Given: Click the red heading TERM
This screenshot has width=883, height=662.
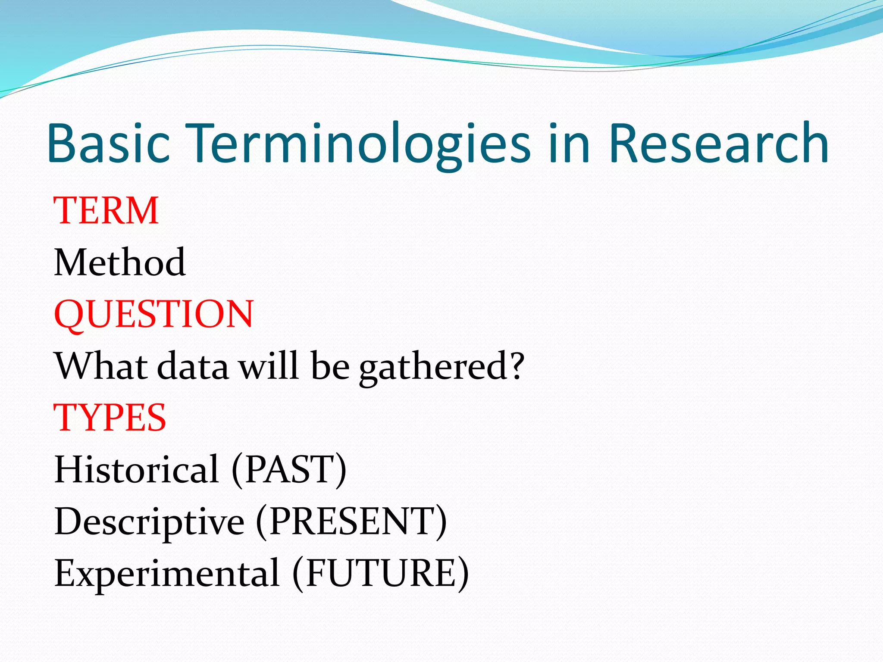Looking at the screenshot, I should [106, 211].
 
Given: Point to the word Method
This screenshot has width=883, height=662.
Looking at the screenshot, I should [120, 262].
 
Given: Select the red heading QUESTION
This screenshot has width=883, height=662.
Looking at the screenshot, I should [154, 314].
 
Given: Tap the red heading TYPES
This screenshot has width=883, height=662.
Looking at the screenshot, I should [110, 418].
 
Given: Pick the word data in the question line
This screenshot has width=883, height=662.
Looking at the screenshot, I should [192, 366].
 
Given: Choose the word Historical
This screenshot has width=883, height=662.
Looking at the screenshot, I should [137, 469].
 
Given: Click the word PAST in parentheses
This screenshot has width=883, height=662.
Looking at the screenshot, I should [289, 469].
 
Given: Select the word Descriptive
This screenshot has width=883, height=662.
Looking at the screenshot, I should [149, 521].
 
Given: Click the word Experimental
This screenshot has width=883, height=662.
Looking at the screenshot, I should [167, 573].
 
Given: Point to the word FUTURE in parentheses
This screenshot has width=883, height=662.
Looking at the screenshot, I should [380, 573].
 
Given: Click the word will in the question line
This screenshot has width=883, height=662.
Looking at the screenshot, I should [269, 366].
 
